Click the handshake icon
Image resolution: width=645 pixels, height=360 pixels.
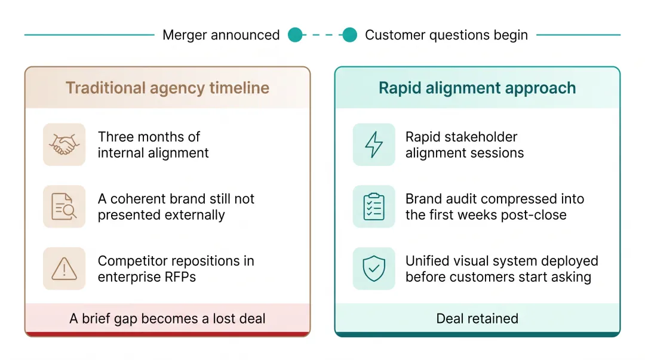pyautogui.click(x=64, y=144)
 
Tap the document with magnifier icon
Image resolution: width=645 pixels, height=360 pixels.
pyautogui.click(x=64, y=207)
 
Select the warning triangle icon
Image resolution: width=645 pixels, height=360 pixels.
pyautogui.click(x=64, y=269)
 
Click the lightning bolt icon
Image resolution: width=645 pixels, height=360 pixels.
pyautogui.click(x=374, y=144)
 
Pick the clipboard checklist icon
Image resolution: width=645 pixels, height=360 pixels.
pyautogui.click(x=374, y=207)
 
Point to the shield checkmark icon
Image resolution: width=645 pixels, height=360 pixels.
pyautogui.click(x=374, y=269)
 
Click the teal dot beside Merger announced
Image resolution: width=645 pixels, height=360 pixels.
pyautogui.click(x=295, y=35)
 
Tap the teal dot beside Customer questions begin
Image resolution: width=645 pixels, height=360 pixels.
pyautogui.click(x=349, y=35)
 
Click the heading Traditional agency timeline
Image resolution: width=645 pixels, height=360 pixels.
pyautogui.click(x=167, y=88)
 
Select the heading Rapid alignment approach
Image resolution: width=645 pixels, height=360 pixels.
pyautogui.click(x=477, y=88)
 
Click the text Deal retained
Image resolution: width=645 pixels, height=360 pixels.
pyautogui.click(x=477, y=318)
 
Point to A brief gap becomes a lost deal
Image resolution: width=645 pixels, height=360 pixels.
pyautogui.click(x=167, y=318)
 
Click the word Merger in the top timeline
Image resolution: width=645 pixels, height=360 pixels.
pyautogui.click(x=185, y=35)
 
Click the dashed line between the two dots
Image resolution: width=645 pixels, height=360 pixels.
pyautogui.click(x=322, y=35)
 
